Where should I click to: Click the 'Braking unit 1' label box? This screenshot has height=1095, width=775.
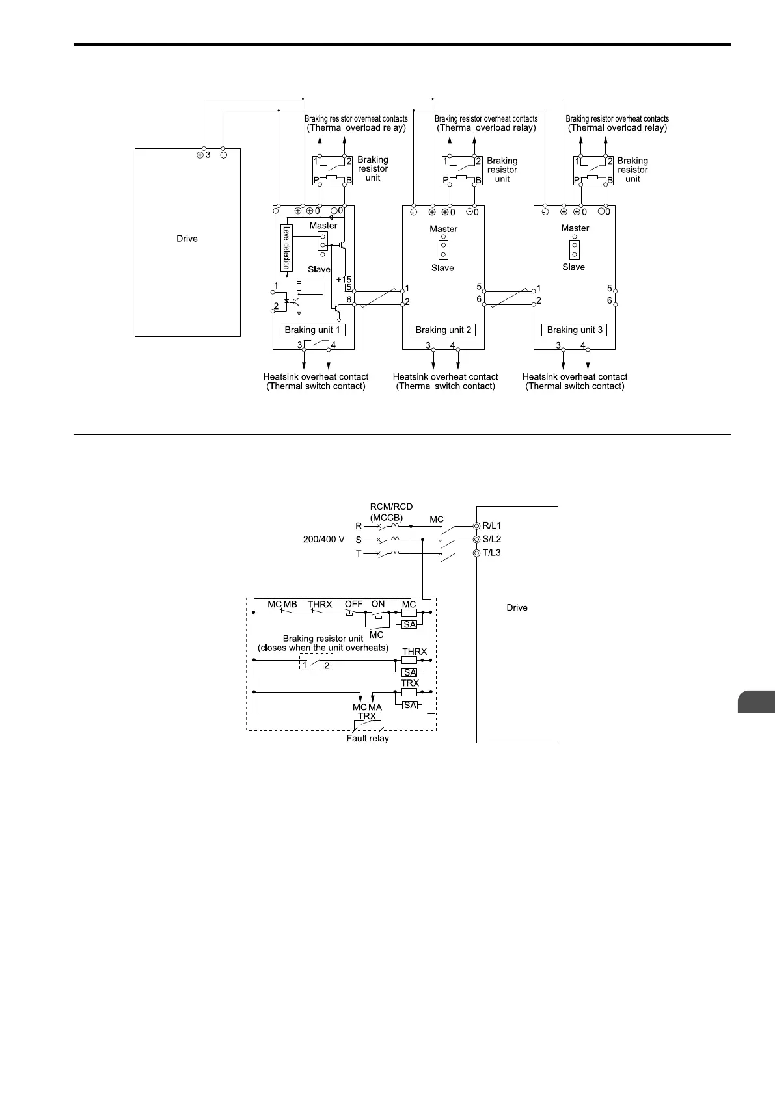[x=312, y=330]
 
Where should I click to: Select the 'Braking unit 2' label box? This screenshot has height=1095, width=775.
[x=443, y=330]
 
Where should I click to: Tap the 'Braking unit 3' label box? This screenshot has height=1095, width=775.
[x=575, y=330]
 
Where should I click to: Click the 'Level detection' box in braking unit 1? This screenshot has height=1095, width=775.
[x=286, y=247]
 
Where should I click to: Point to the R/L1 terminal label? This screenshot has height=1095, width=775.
[x=491, y=525]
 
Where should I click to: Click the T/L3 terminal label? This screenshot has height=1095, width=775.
[x=491, y=553]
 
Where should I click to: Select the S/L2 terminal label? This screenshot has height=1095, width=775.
[x=491, y=539]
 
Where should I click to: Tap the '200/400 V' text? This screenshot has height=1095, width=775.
[x=323, y=540]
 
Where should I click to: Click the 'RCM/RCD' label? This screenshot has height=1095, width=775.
[x=391, y=507]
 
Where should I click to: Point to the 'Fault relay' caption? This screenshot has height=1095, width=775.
[x=368, y=739]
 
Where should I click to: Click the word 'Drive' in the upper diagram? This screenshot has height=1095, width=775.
[x=187, y=239]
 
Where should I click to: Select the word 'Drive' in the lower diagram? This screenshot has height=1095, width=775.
[x=517, y=607]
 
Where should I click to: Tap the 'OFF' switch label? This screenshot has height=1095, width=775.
[x=353, y=604]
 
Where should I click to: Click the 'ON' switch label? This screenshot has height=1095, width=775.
[x=378, y=604]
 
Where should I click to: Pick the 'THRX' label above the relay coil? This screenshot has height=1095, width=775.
[x=415, y=651]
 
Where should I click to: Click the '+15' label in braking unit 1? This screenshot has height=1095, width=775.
[x=344, y=280]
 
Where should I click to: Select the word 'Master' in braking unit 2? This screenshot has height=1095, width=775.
[x=443, y=229]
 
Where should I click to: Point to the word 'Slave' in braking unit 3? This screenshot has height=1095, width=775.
[x=573, y=267]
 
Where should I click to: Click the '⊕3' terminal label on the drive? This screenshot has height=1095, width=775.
[x=203, y=155]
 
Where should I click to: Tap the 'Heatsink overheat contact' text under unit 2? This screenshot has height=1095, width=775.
[x=445, y=377]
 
